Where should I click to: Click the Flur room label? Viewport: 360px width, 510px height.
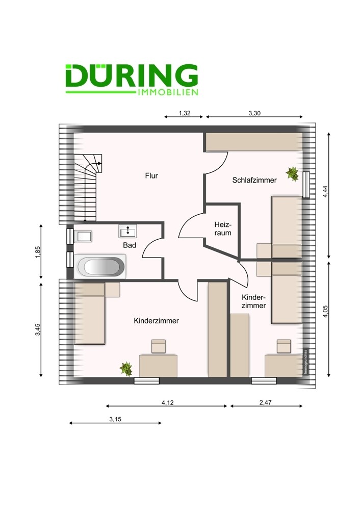pos(151,176)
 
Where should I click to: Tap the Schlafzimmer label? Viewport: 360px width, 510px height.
pos(254,180)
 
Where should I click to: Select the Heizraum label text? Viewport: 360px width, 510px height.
pos(223,228)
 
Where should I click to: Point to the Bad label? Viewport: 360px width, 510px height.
pos(129,245)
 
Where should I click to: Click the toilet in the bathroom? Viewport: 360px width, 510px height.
pos(83,236)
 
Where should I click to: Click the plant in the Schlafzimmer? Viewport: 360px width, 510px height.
pos(293,174)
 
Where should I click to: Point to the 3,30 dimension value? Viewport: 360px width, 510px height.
pos(254,114)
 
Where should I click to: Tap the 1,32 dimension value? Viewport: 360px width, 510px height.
pos(185,114)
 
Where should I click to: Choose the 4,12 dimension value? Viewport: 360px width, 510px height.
pos(167,403)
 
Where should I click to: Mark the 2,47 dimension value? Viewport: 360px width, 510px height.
pos(265,403)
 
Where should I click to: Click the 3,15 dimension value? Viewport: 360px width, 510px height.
pos(115,420)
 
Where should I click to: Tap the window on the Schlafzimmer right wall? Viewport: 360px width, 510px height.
pos(306,185)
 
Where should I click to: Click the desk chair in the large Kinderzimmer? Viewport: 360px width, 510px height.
pos(159,346)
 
